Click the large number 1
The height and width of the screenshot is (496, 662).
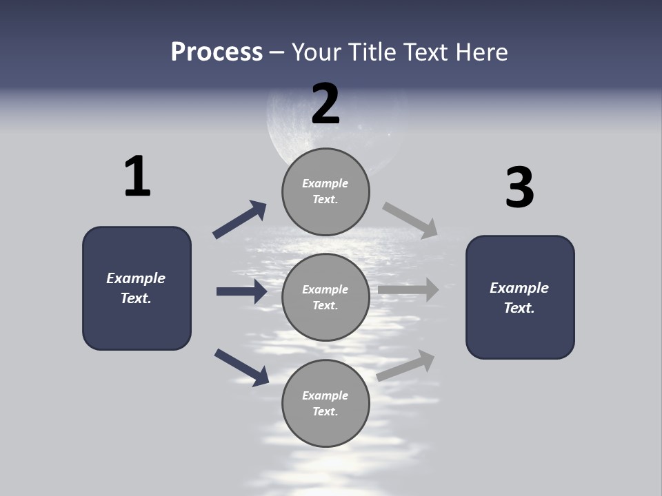click(137, 176)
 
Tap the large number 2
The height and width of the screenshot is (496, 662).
click(325, 104)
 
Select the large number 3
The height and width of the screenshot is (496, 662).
click(519, 188)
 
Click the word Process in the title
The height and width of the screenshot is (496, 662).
click(217, 52)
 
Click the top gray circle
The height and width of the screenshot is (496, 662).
click(325, 192)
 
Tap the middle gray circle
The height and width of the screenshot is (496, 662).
click(325, 297)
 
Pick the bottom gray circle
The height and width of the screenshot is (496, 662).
click(325, 403)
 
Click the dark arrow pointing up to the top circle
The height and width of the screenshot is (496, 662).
click(239, 220)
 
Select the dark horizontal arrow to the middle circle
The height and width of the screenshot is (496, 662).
click(241, 291)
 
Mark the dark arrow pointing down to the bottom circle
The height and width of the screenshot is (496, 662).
click(241, 366)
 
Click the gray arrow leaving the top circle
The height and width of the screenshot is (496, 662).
click(410, 219)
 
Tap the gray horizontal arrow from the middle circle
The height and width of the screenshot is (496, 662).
click(408, 289)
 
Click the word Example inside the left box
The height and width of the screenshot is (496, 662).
click(136, 278)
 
